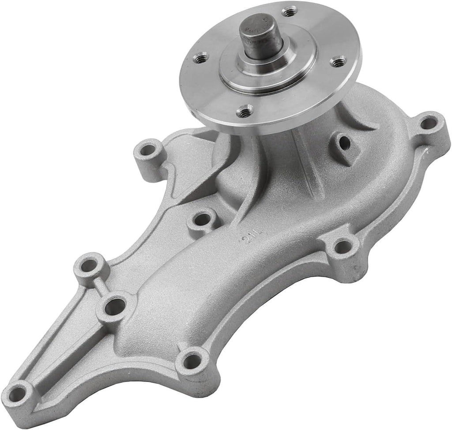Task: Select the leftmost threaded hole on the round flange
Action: pos(201,57)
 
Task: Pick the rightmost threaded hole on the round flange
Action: pos(338,61)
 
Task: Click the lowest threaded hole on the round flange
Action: pos(245,111)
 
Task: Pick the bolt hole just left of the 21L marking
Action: pos(202,219)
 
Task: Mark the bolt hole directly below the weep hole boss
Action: pos(342,247)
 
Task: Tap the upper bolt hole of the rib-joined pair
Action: pos(89,266)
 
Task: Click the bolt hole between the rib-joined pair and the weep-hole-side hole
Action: pos(191,361)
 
